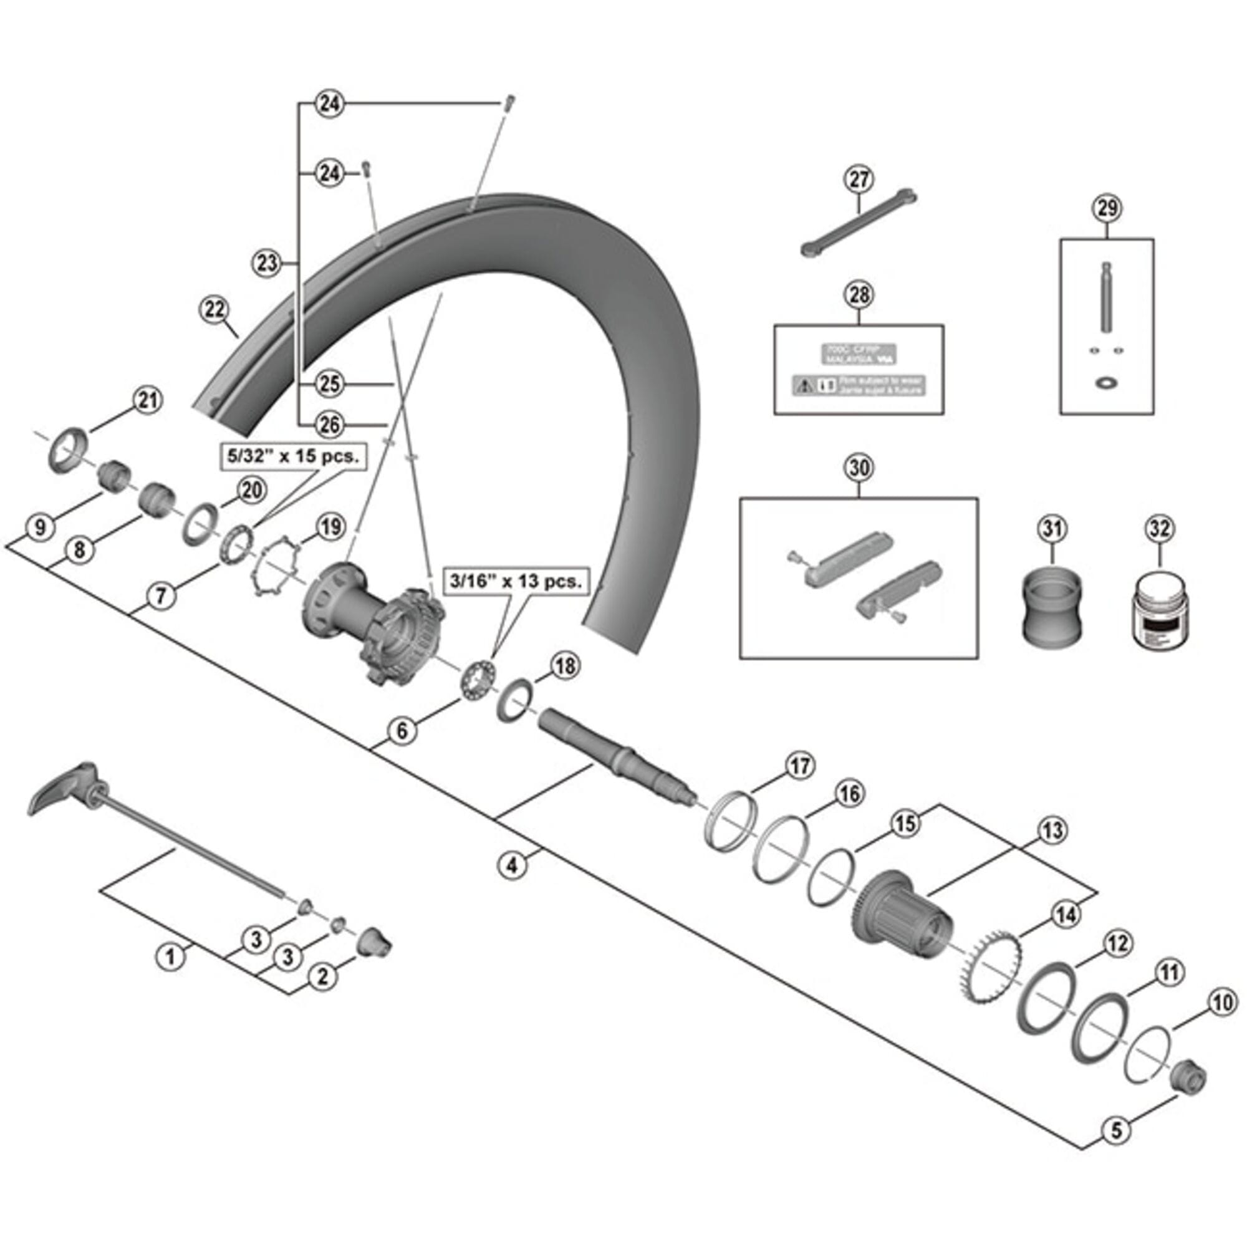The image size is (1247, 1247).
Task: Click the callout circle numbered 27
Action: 859,180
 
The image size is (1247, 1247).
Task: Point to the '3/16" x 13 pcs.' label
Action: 516,581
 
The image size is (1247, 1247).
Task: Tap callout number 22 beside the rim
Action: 214,309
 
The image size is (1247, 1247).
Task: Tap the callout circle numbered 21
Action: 148,400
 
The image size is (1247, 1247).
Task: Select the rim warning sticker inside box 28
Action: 859,385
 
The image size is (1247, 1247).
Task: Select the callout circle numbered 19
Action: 330,527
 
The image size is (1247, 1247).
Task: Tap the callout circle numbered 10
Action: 1223,1003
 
